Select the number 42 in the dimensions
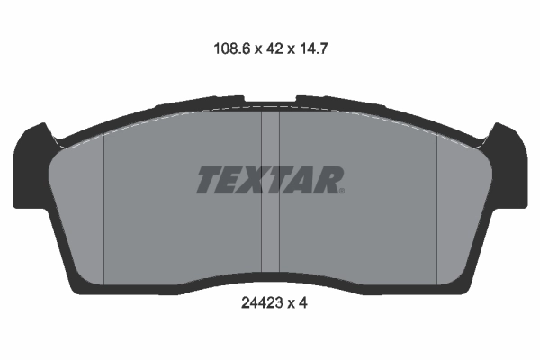click(x=274, y=49)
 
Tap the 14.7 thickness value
click(x=314, y=49)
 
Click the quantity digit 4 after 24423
click(x=302, y=303)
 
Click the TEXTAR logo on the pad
click(x=270, y=180)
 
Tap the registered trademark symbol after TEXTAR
click(x=342, y=191)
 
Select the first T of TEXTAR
click(x=210, y=180)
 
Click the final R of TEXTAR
click(x=328, y=180)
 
